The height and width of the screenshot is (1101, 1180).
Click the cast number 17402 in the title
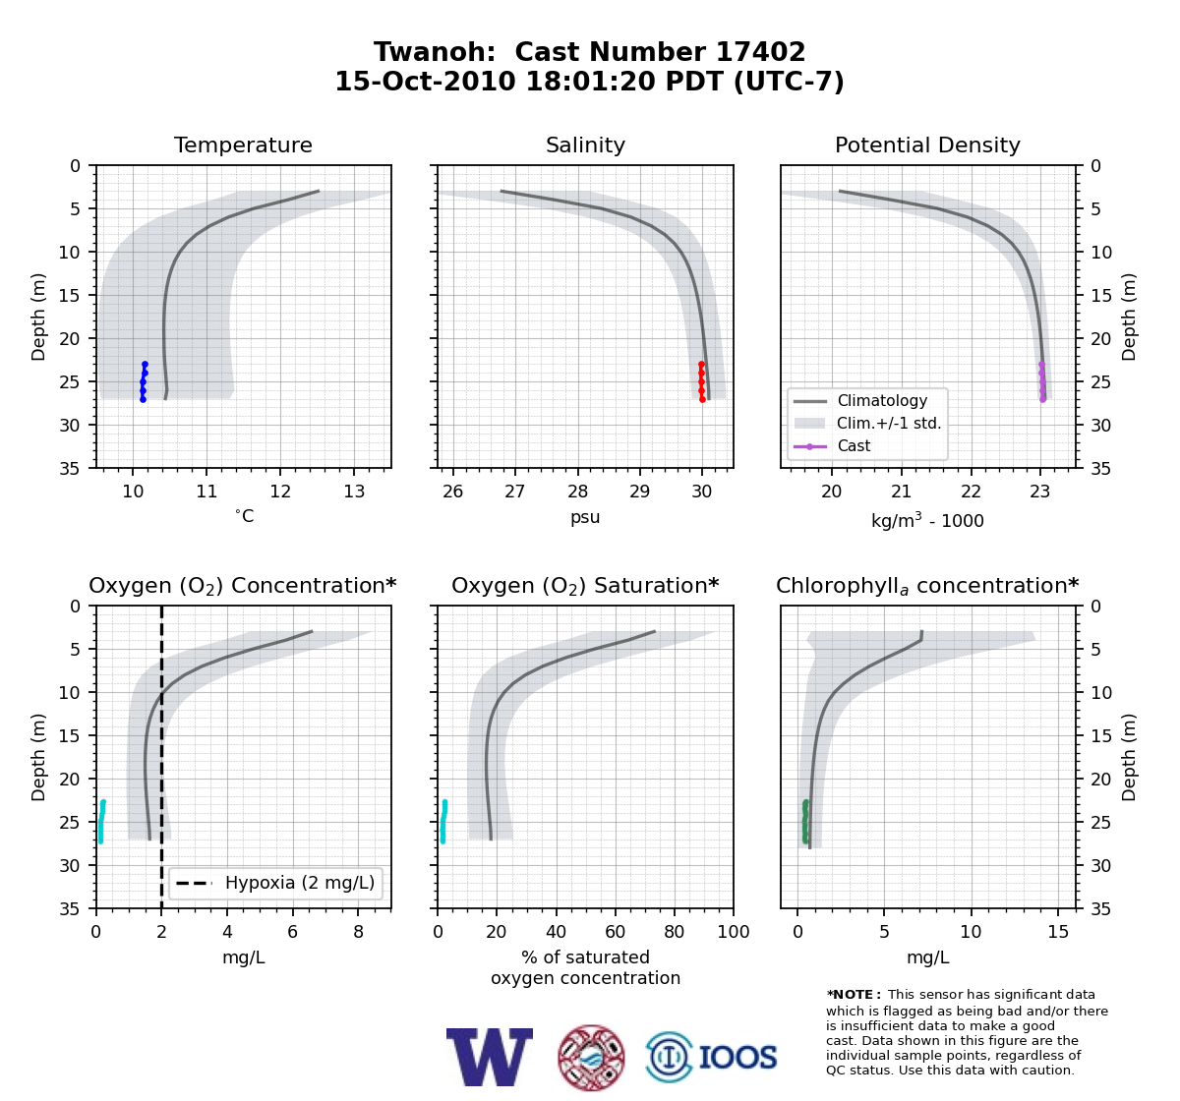tap(760, 52)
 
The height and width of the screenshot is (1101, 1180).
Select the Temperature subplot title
tap(243, 145)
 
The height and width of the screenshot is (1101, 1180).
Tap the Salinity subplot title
tap(585, 145)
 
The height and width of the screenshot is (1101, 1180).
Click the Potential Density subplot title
tap(927, 145)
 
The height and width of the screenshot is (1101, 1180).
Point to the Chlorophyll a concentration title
tap(927, 586)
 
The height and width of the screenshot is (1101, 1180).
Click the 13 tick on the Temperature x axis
tap(354, 492)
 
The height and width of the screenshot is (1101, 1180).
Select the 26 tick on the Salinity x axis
tap(452, 492)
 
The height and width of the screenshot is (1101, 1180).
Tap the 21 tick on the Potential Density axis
tap(902, 492)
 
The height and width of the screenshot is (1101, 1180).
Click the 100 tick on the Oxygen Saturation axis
tap(734, 932)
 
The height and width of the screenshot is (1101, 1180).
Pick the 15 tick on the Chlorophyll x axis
tap(1058, 932)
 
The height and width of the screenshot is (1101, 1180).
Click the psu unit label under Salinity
tap(585, 517)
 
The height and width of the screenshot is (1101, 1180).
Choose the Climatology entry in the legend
tap(882, 401)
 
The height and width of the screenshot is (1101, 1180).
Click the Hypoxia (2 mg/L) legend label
tap(300, 883)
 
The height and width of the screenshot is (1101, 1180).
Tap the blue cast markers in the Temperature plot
tap(144, 381)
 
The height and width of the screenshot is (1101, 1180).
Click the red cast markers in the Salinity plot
tap(702, 381)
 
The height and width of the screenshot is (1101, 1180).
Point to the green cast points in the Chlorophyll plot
tap(805, 822)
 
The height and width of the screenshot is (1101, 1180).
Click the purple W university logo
tap(490, 1057)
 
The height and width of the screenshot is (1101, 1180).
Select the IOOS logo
tap(712, 1057)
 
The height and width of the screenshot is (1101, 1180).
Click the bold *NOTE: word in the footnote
tap(850, 995)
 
